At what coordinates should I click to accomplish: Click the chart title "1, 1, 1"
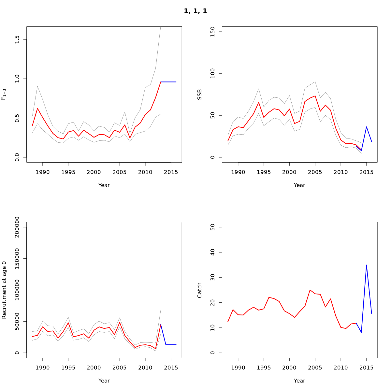(x=195, y=11)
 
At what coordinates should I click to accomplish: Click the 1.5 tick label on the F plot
(x=17, y=40)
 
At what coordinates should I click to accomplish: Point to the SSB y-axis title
(x=200, y=94)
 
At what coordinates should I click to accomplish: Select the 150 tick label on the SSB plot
(x=213, y=32)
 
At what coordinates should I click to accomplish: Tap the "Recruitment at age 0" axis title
(x=4, y=290)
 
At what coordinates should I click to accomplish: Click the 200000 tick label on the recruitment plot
(x=17, y=227)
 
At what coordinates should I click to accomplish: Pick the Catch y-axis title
(x=200, y=290)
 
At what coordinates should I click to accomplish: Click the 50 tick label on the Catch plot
(x=213, y=227)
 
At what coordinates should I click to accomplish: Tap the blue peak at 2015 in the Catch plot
(x=366, y=265)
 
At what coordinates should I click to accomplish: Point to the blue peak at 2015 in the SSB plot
(x=366, y=127)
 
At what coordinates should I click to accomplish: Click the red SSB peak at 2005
(x=315, y=96)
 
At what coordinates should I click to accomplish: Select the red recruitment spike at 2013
(x=161, y=325)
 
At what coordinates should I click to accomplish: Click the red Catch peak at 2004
(x=310, y=290)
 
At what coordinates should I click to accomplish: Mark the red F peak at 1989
(x=37, y=109)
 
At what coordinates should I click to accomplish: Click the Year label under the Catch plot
(x=299, y=381)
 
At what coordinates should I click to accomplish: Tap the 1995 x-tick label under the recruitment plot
(x=68, y=368)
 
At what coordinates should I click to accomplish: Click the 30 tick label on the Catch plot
(x=213, y=277)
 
